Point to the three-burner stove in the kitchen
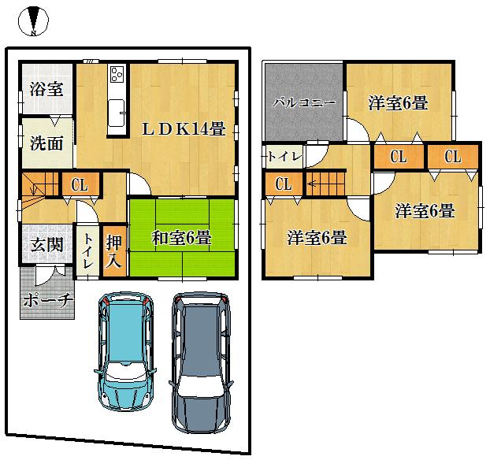coord(117,75)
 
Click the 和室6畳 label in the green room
coord(182,237)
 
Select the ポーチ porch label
coord(47,299)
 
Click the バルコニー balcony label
coord(305,102)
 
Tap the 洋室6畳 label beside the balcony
coord(398,102)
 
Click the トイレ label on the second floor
coord(283,156)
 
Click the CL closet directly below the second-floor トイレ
coord(284,184)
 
